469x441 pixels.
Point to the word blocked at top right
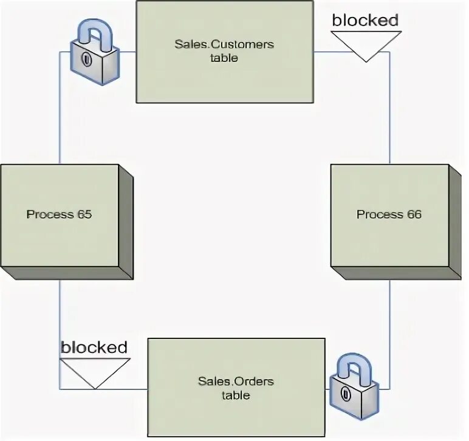pyautogui.click(x=365, y=20)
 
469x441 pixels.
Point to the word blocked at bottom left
pyautogui.click(x=94, y=347)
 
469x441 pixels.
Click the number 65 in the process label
pyautogui.click(x=84, y=214)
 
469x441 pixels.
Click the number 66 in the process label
pyautogui.click(x=414, y=214)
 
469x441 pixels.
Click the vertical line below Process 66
pyautogui.click(x=389, y=328)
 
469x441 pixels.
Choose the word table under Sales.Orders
pyautogui.click(x=236, y=395)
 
